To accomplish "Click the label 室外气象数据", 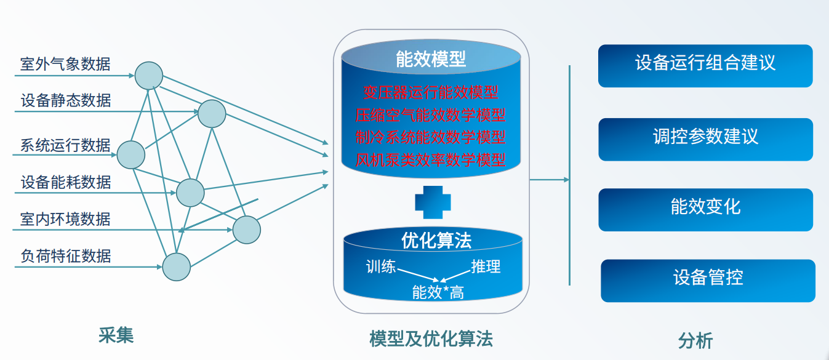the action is point(65,64).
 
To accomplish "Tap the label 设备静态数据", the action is point(66,100).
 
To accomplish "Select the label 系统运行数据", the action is point(65,145).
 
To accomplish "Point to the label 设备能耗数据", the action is point(66,182).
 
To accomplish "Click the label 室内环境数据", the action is point(65,219).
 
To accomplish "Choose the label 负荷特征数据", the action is point(66,255).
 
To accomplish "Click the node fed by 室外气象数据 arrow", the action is point(149,76).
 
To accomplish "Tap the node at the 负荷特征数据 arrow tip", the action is point(177,266).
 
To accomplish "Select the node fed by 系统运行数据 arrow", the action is point(131,154).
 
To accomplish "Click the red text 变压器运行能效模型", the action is point(430,92).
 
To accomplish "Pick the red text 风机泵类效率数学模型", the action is point(430,160).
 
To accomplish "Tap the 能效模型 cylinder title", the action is point(431,59).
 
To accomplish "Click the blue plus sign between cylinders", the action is point(433,202).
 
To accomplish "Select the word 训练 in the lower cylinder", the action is point(381,266).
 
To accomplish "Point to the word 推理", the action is point(486,266).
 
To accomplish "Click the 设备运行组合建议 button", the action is point(705,66).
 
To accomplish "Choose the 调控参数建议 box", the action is point(706,140).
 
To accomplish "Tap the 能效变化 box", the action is point(706,210).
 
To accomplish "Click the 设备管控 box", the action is point(708,281).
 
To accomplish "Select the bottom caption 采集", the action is point(116,335).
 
